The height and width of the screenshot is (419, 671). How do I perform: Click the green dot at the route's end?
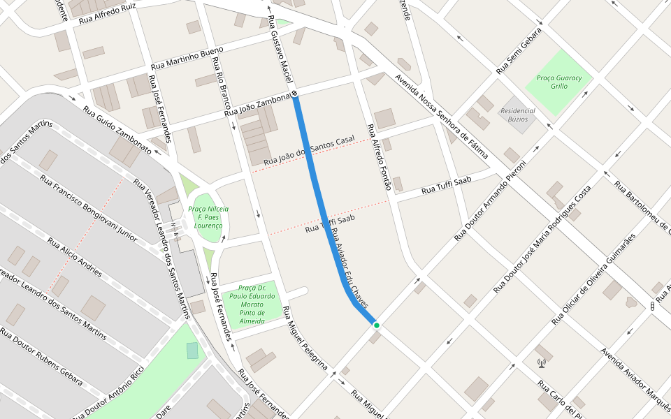[376, 325]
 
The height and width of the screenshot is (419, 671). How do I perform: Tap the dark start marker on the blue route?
[295, 94]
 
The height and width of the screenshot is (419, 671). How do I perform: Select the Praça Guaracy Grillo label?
[559, 82]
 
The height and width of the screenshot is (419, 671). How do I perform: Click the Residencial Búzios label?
[517, 115]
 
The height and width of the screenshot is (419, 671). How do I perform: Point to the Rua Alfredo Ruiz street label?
[107, 12]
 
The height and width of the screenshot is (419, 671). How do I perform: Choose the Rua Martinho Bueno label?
[187, 58]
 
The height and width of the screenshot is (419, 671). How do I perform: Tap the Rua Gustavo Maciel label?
[280, 47]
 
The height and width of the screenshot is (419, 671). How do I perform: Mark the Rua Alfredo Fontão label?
[378, 157]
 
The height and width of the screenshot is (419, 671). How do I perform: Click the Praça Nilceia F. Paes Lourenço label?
[208, 217]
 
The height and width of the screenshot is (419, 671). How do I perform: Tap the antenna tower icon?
[541, 362]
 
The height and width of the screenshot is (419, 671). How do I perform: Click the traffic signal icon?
[651, 306]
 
